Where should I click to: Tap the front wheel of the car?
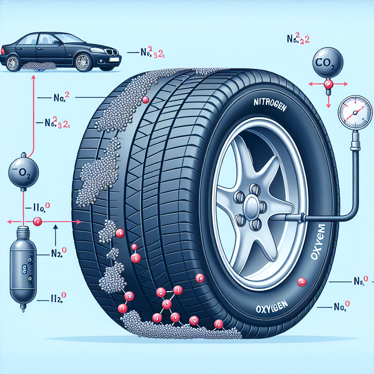click(84, 62)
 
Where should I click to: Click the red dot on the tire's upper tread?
click(145, 100)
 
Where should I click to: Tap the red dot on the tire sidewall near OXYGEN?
click(301, 282)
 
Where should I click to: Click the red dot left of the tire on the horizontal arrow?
click(37, 221)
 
